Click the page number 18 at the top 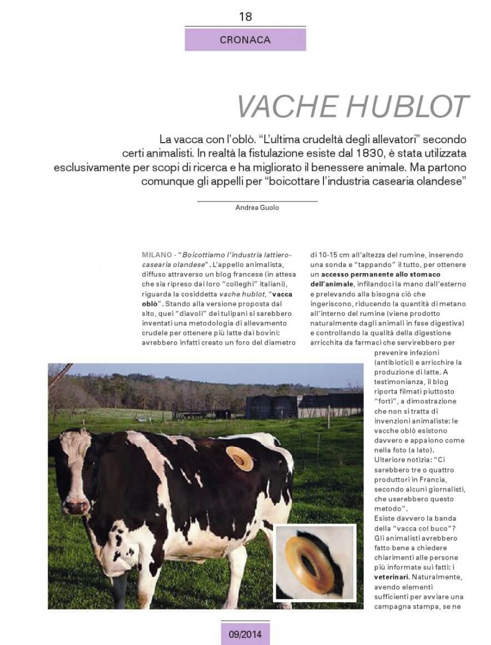pos(245,17)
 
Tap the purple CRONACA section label pos(245,40)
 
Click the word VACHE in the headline pos(287,107)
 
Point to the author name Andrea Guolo pos(257,208)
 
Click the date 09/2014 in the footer pos(245,633)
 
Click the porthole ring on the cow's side pos(240,458)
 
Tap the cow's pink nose pos(77,506)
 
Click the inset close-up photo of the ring pos(315,562)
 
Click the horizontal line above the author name pos(257,200)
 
